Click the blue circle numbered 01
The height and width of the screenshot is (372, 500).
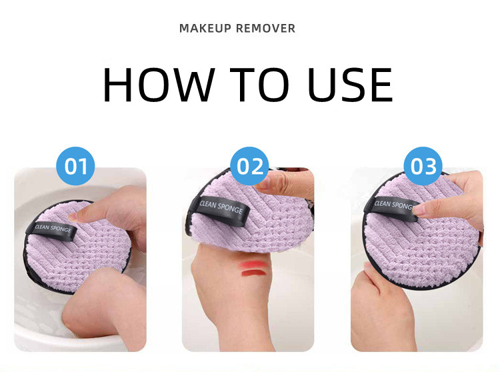click(75, 166)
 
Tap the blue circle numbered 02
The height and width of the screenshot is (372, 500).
click(250, 166)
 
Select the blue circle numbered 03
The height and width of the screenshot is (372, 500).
click(423, 166)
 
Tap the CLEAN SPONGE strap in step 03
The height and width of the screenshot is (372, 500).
click(393, 206)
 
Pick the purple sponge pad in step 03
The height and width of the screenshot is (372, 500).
click(427, 247)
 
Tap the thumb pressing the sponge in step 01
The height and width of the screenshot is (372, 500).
click(110, 213)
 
